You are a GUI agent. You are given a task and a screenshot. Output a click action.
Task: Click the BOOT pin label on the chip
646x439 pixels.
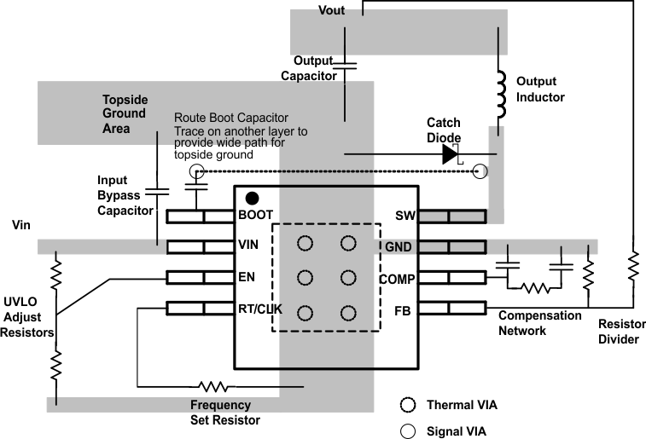click(256, 216)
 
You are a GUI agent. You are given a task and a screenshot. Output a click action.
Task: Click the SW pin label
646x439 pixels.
click(404, 216)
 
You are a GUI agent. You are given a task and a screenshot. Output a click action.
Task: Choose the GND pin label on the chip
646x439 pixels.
click(399, 246)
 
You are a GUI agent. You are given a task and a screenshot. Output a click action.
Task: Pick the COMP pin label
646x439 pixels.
click(395, 278)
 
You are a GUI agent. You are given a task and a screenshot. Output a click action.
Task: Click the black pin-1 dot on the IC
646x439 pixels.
click(253, 199)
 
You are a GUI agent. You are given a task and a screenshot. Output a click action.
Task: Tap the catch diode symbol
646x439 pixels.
click(450, 154)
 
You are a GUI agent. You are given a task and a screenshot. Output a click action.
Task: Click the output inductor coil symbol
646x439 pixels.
click(500, 86)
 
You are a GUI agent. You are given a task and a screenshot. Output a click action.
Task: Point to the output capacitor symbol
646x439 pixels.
click(345, 65)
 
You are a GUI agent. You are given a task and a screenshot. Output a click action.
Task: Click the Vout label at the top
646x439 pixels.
click(332, 10)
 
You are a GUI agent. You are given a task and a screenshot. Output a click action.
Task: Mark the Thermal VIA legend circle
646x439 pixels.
click(408, 405)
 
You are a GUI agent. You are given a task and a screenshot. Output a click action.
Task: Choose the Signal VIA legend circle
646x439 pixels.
click(408, 430)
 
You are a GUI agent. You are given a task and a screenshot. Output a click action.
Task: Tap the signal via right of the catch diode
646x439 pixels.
click(481, 172)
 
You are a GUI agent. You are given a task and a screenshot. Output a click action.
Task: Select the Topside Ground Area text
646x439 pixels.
click(125, 113)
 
